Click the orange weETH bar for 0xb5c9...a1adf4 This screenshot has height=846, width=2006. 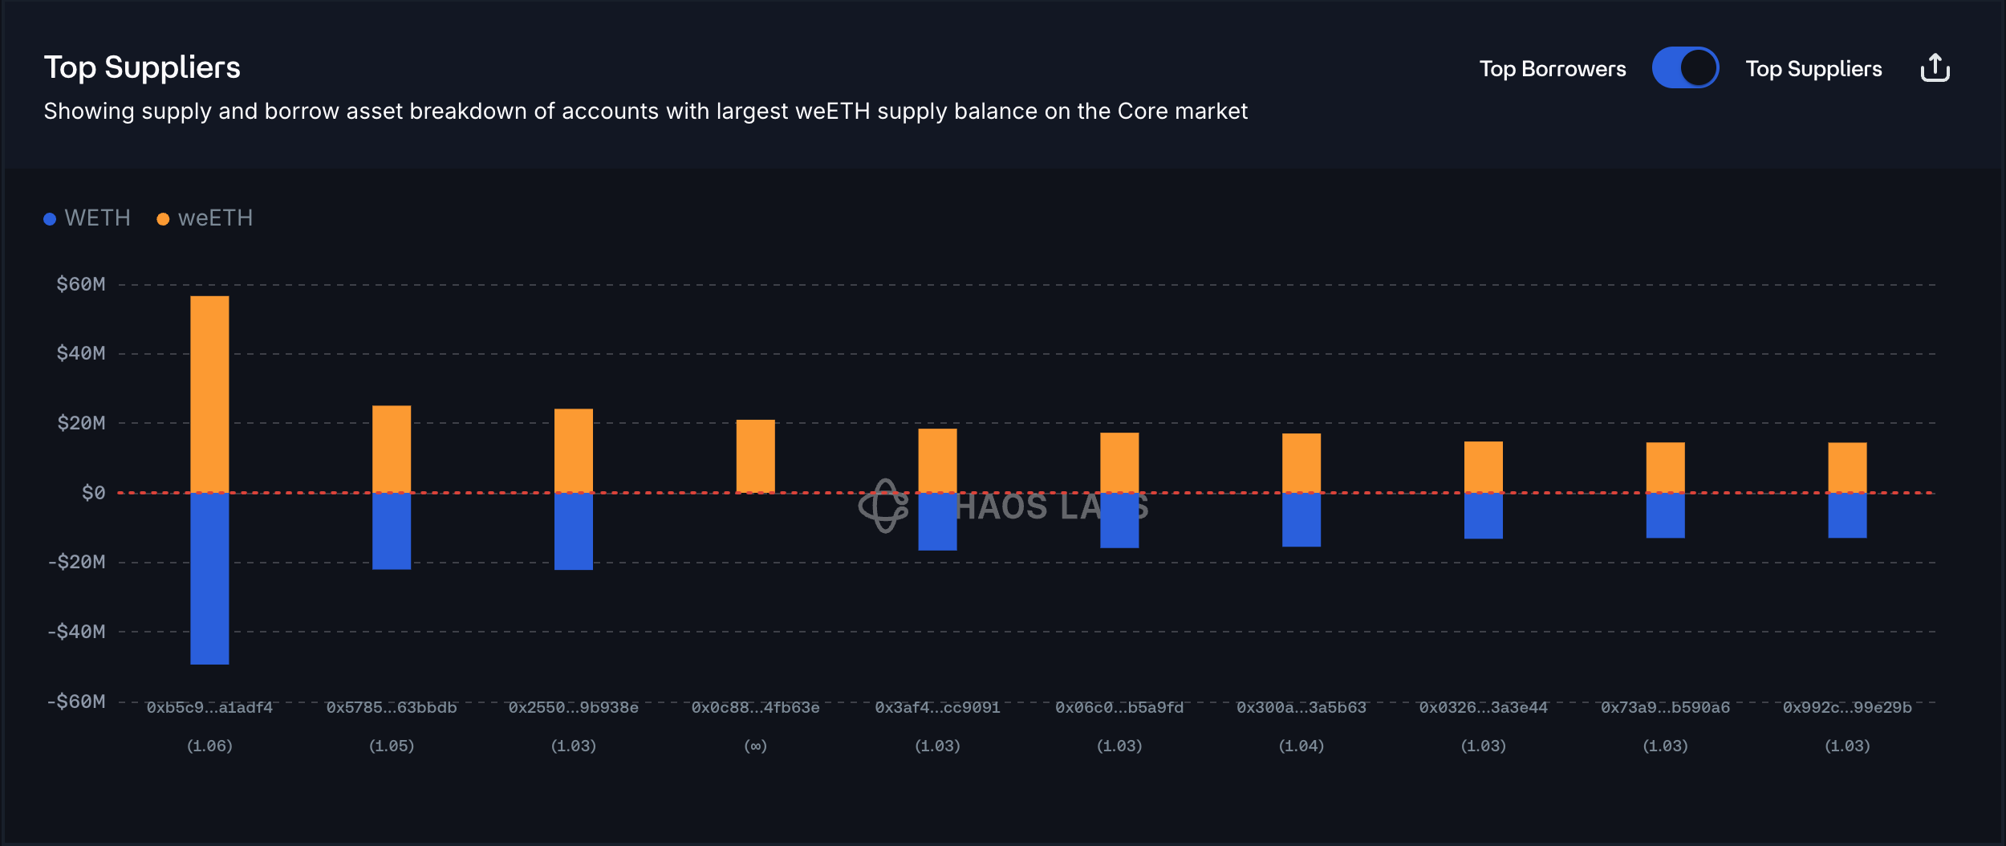click(209, 393)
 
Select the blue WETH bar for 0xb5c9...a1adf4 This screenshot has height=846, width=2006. click(209, 578)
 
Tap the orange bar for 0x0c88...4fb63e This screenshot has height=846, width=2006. click(755, 455)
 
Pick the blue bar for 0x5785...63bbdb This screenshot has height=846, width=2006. click(392, 531)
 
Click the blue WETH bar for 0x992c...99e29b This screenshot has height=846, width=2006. click(1847, 515)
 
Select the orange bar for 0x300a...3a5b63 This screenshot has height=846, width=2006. click(1301, 462)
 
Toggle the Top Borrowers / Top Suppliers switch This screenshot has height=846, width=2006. click(1684, 68)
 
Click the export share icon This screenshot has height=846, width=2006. click(1935, 68)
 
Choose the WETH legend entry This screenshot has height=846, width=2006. click(87, 218)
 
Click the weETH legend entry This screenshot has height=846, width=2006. click(205, 218)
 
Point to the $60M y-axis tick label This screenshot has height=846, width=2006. click(81, 284)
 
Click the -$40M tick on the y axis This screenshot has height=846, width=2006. click(77, 632)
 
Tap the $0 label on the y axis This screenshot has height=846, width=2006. click(93, 493)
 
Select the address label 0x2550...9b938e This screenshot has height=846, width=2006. click(573, 707)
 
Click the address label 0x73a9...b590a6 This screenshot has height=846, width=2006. click(1665, 707)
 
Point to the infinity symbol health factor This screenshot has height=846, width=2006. click(755, 746)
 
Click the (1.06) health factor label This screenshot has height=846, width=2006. click(209, 746)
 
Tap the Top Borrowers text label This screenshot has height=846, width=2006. click(1552, 69)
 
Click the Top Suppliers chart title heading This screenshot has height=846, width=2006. click(142, 67)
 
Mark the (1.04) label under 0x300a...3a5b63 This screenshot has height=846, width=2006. click(1301, 746)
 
